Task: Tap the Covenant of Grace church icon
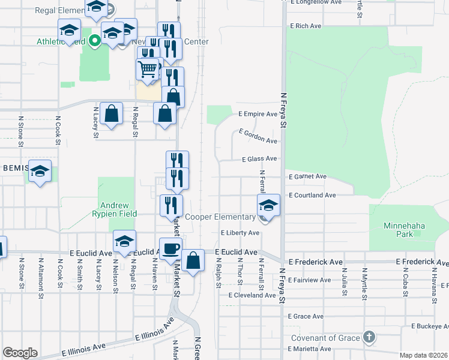click(x=369, y=337)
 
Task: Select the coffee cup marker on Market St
click(x=170, y=249)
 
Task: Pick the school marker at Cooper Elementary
click(x=268, y=206)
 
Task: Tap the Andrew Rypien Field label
click(x=115, y=209)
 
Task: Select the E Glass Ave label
click(x=259, y=159)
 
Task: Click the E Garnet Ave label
click(x=307, y=177)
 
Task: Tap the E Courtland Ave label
click(x=312, y=196)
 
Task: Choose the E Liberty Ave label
click(x=240, y=233)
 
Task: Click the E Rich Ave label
click(x=306, y=26)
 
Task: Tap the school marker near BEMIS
click(x=40, y=172)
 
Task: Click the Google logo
click(x=20, y=353)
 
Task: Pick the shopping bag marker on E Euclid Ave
click(x=193, y=261)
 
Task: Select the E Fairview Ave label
click(x=310, y=280)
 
